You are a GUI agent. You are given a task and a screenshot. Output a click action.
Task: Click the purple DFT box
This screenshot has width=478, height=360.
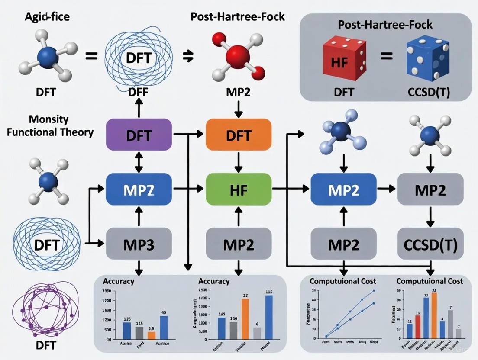(139, 135)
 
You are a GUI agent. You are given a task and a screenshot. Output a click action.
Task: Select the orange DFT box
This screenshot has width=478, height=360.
(239, 135)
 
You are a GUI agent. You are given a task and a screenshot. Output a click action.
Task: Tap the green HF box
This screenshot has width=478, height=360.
(239, 189)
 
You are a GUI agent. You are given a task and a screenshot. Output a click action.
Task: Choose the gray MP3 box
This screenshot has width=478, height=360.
(139, 244)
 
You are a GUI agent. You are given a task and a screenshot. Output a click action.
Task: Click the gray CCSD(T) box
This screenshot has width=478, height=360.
(430, 244)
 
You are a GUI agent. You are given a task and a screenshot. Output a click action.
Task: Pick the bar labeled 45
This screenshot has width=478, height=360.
(164, 327)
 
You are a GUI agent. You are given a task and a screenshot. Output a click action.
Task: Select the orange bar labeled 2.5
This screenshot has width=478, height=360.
(151, 334)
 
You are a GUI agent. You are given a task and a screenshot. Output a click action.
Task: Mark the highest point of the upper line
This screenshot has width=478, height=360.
(373, 291)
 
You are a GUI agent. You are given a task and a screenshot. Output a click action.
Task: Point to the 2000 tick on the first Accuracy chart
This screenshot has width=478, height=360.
(106, 291)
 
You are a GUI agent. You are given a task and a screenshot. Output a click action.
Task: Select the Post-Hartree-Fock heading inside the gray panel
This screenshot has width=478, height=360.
(385, 25)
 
